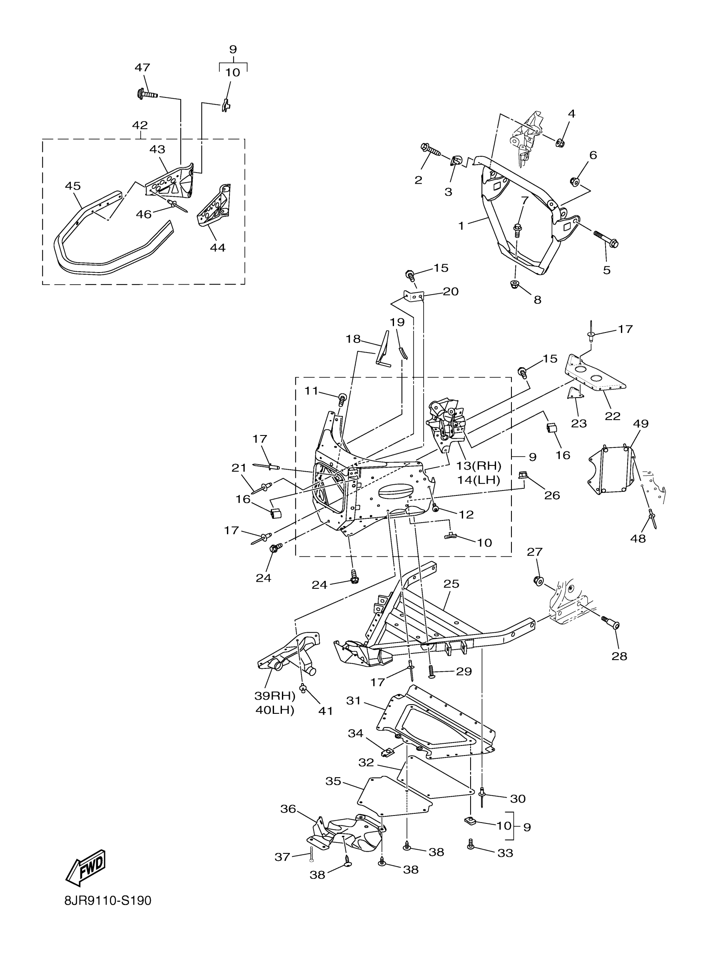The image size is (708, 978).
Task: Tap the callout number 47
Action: pos(142,68)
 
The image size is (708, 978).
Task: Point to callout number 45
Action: pos(73,186)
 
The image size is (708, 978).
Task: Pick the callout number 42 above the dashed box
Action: pos(140,125)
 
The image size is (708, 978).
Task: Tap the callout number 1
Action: pos(461,225)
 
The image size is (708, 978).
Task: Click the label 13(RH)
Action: pos(479,466)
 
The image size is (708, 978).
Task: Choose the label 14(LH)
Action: pos(479,480)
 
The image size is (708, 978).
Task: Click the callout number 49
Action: pos(641,423)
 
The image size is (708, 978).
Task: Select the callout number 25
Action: pos(451,584)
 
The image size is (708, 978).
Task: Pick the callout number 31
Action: pos(353,701)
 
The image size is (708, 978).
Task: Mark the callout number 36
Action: pos(288,809)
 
